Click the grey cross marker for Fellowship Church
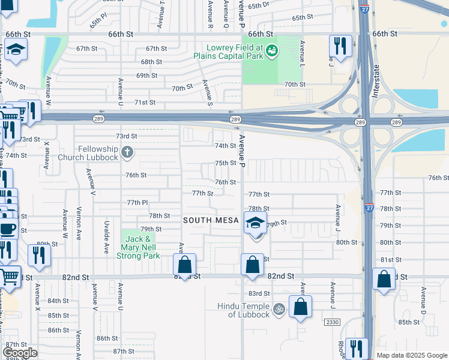(127, 152)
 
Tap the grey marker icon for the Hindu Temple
(278, 310)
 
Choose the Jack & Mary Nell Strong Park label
(140, 247)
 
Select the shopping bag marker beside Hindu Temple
(300, 307)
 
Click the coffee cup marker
(8, 229)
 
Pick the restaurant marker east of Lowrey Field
(340, 47)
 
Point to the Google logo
(20, 353)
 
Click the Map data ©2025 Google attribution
(412, 355)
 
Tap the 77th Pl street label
(136, 203)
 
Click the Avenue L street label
(303, 53)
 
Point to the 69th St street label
(146, 76)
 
